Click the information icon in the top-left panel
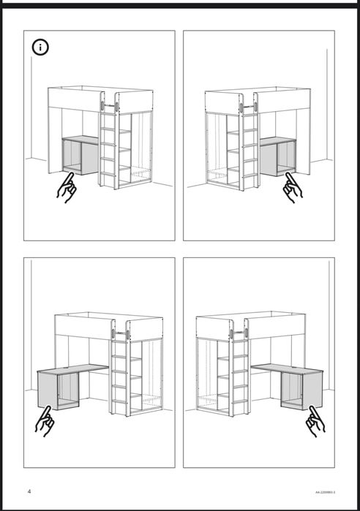[41, 48]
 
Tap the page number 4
[29, 491]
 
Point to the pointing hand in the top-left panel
[67, 188]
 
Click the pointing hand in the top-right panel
[293, 188]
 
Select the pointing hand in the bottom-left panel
[45, 422]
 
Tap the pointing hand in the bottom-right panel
[316, 421]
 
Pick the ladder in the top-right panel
[250, 146]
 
